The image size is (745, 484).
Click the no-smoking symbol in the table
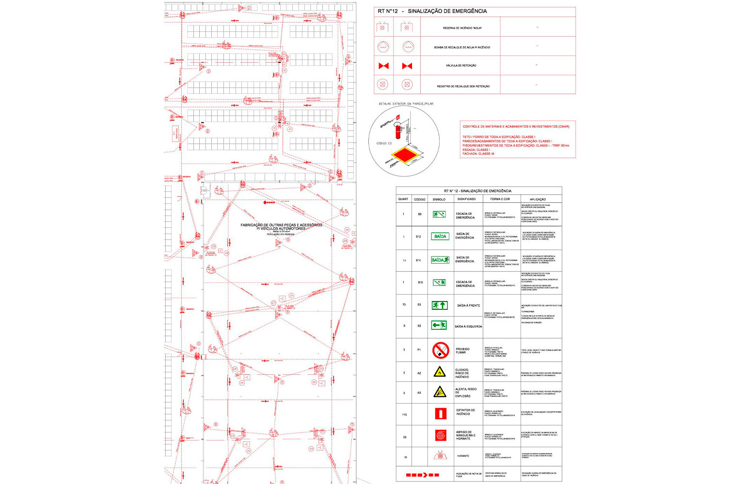click(440, 350)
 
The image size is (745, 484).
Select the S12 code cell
click(419, 237)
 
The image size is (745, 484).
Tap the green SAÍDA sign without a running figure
click(440, 236)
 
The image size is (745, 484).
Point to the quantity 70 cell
click(404, 305)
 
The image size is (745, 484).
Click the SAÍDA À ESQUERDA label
click(468, 327)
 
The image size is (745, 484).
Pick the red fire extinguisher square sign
click(440, 414)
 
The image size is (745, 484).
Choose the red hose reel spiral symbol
click(440, 436)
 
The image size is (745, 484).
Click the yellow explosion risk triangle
click(440, 392)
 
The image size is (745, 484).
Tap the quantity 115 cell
click(404, 415)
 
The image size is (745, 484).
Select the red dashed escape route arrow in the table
click(422, 475)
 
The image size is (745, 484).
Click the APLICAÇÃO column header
click(538, 199)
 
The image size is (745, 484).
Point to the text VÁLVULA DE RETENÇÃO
click(461, 66)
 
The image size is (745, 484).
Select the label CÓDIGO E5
click(384, 144)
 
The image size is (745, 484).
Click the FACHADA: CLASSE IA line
click(478, 154)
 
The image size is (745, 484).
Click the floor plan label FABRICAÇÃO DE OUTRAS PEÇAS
click(281, 226)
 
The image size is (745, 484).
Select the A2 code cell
click(419, 373)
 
